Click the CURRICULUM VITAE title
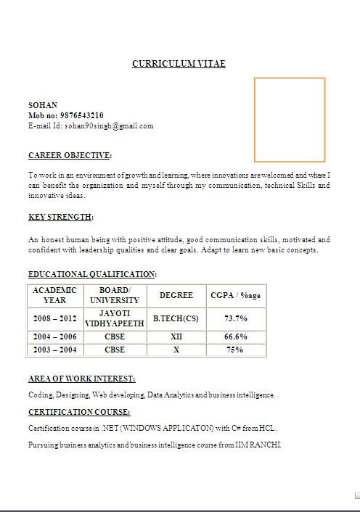pos(179,64)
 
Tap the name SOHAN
pos(43,105)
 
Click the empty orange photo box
pos(289,120)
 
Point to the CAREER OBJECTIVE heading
pos(70,155)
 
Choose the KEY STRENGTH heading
pos(60,217)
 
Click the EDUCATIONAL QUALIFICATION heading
pos(91,274)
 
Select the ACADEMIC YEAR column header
pos(54,295)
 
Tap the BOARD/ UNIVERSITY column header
pos(115,295)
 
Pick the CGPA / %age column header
pos(235,295)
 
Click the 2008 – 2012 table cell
pos(54,318)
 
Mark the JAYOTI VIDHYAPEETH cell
pos(115,318)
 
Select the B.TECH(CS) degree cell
pos(176,318)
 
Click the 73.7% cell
pos(235,318)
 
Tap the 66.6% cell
pos(235,336)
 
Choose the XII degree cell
pos(176,336)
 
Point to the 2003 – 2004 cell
pos(54,350)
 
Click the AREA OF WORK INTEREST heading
pos(81,379)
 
